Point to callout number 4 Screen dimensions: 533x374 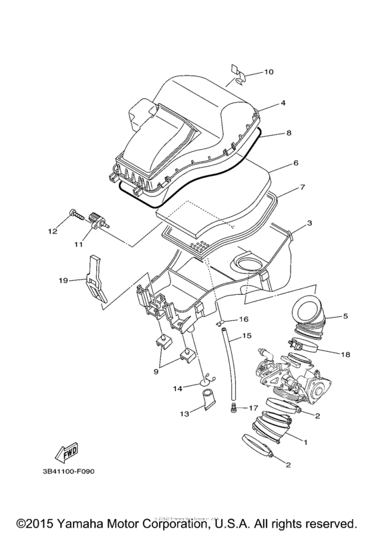click(x=283, y=104)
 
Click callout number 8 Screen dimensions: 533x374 click(x=289, y=133)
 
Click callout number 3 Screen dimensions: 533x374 click(x=309, y=223)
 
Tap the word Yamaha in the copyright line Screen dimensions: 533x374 click(x=94, y=520)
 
